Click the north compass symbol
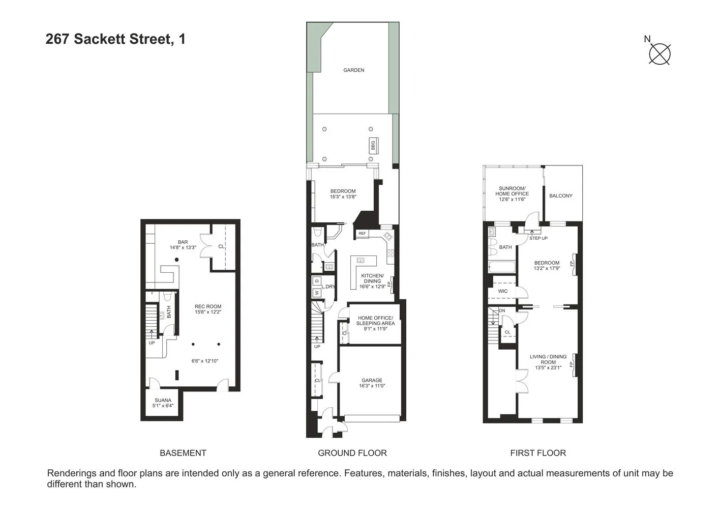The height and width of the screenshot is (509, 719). tap(660, 53)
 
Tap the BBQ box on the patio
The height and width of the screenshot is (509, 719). tap(373, 146)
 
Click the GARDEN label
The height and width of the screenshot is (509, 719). tap(353, 70)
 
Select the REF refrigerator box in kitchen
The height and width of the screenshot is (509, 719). tap(362, 234)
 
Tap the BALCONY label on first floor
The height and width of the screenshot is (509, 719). tap(561, 196)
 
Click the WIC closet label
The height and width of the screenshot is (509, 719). tap(502, 291)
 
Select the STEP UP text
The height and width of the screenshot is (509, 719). tap(538, 238)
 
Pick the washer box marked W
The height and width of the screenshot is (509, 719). tap(316, 293)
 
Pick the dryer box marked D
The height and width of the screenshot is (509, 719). tap(316, 280)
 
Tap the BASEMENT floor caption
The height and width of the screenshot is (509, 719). tap(183, 453)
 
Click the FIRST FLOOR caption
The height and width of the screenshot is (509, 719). tap(537, 453)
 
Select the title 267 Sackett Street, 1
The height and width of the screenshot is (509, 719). tap(115, 39)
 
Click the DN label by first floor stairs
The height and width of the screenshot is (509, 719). tap(502, 310)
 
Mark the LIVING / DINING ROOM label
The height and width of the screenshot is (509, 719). tap(548, 362)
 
